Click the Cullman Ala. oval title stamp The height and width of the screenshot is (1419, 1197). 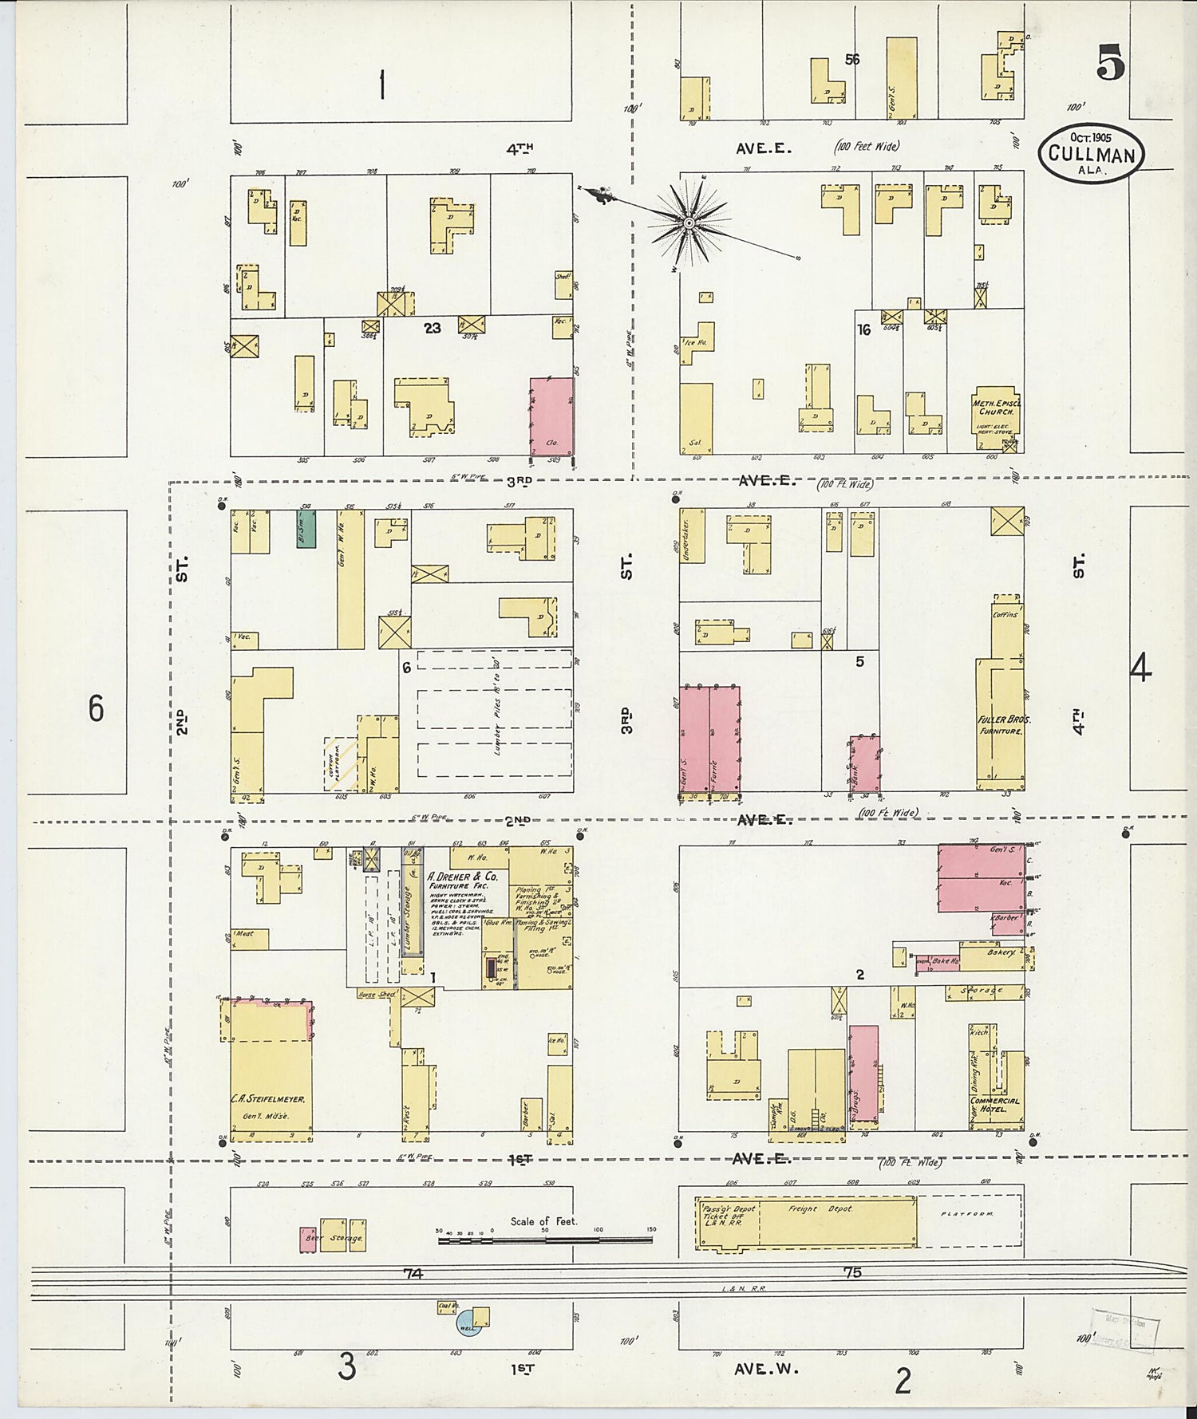[1091, 149]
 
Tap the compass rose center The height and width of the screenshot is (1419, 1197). [687, 223]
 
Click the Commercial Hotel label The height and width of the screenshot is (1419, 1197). [994, 1105]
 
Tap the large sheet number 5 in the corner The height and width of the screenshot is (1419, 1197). [1110, 63]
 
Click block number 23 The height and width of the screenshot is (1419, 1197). [432, 328]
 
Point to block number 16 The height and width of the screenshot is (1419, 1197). [863, 329]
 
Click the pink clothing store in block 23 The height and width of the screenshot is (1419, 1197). [551, 416]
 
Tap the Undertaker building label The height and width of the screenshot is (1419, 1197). [686, 535]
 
